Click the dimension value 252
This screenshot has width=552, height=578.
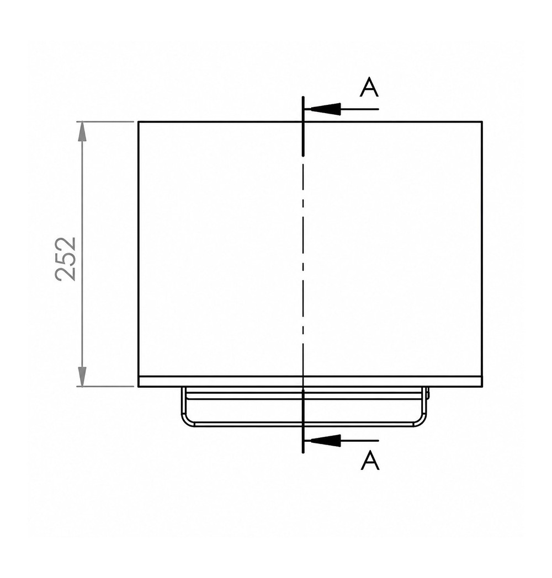[x=66, y=259]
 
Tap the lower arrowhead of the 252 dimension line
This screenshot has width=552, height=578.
[x=82, y=376]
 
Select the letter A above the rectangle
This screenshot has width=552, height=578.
[x=369, y=88]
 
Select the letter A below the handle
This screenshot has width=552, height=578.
[x=370, y=461]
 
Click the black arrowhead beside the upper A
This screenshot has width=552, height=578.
[x=325, y=109]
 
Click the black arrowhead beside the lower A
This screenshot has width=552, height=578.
[x=325, y=441]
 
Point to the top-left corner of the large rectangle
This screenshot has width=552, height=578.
[x=139, y=122]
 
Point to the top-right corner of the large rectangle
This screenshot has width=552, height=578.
[x=482, y=122]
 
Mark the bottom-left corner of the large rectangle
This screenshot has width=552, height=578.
[x=139, y=387]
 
